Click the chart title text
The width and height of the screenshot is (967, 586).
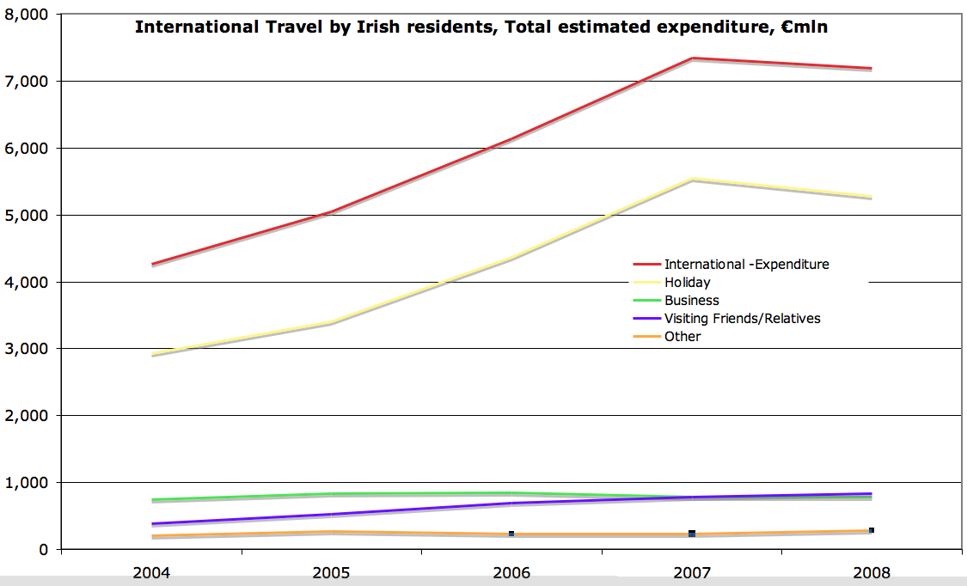480,27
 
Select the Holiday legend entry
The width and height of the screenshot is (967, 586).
687,282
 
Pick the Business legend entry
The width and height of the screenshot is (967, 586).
691,300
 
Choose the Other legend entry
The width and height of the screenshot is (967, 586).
682,336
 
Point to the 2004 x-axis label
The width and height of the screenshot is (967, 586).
152,571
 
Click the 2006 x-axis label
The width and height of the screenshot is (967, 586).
512,571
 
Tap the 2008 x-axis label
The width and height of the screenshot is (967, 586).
872,571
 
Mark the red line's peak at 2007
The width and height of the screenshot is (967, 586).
692,58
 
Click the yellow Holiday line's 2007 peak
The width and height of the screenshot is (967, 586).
692,179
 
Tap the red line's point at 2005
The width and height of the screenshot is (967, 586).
332,211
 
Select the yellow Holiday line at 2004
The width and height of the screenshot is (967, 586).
152,353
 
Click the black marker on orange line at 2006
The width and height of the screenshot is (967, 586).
511,534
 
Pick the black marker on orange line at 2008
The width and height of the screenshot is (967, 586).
871,530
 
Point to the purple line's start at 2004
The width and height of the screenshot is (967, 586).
152,523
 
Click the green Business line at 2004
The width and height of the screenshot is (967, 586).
152,499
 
